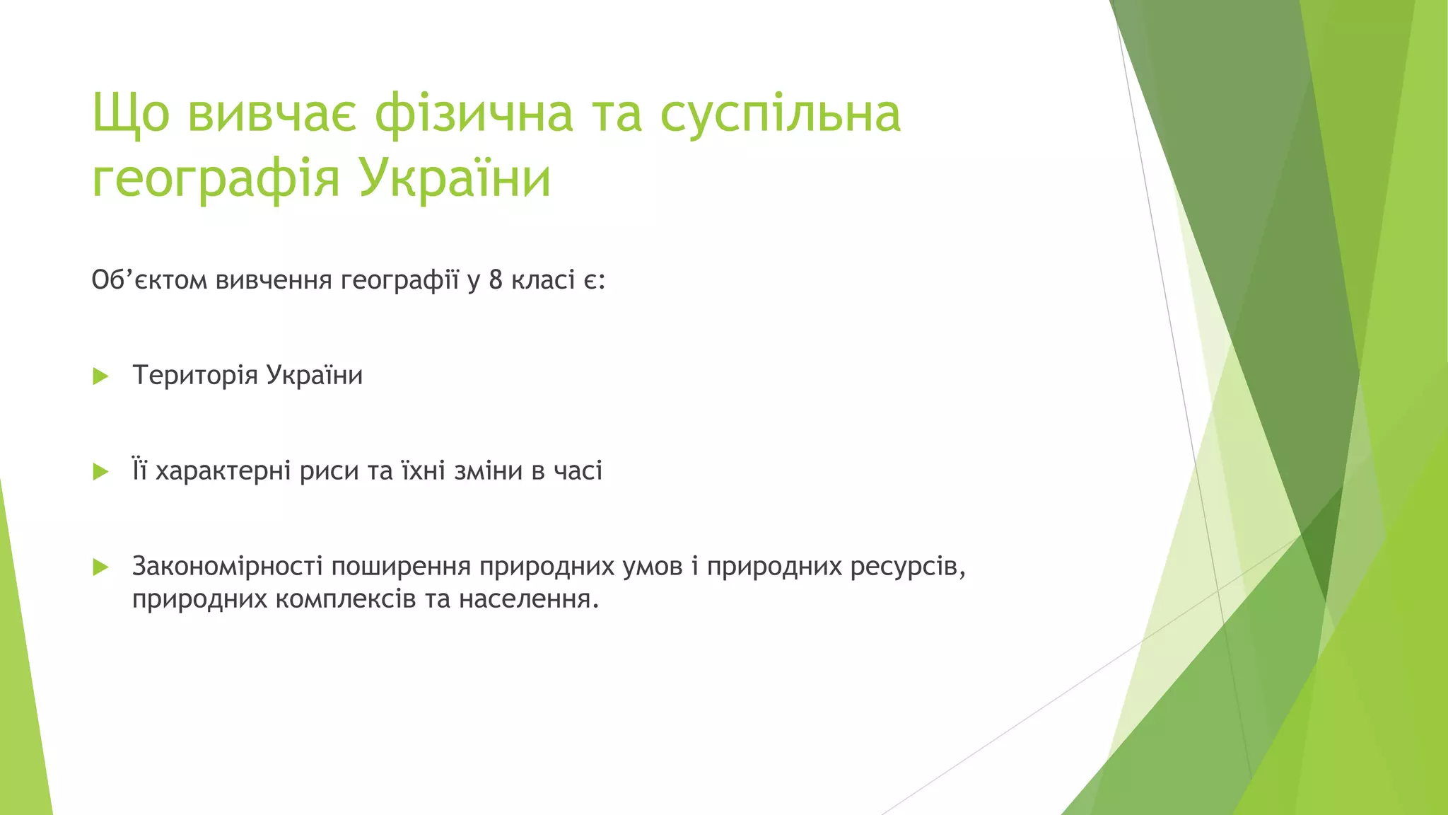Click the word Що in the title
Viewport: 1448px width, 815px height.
pos(131,113)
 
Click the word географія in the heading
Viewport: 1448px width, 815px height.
pos(216,178)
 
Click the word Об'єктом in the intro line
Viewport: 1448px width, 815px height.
pos(149,280)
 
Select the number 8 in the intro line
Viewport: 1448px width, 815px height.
pos(496,280)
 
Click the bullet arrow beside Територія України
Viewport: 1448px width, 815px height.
pos(100,376)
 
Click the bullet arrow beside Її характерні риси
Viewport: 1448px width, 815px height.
pos(100,472)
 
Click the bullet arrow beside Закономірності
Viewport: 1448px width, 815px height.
pos(100,567)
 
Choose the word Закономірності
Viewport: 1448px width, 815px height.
pos(227,567)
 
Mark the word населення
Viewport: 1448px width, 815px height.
pos(528,600)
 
